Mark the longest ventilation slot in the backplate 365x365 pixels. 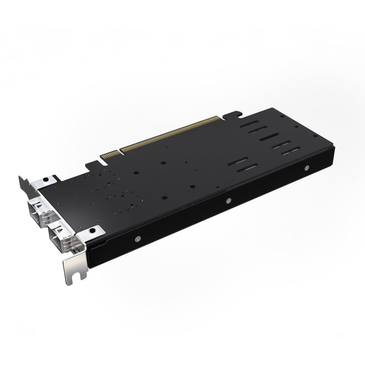(274, 137)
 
